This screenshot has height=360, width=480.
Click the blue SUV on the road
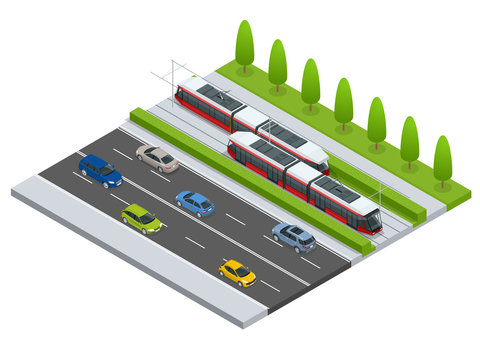click(100, 170)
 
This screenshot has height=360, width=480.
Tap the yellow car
click(238, 271)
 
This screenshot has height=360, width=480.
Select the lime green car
click(142, 217)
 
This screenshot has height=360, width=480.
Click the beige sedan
click(157, 157)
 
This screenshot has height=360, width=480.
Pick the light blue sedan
click(195, 203)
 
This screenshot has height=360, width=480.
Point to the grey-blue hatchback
click(294, 236)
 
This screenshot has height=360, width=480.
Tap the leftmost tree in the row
click(244, 45)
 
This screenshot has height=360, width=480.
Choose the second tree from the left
click(277, 64)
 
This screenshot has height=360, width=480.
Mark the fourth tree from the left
click(343, 101)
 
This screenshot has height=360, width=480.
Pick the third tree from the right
click(376, 120)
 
